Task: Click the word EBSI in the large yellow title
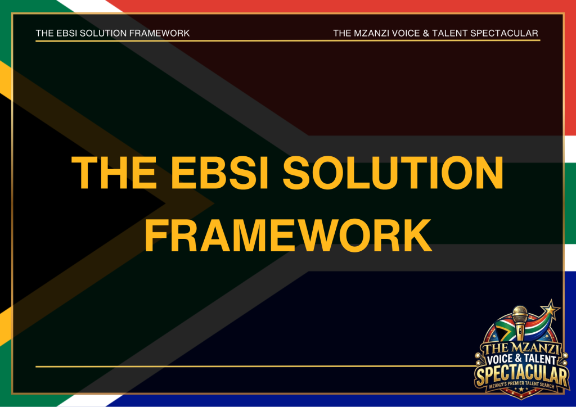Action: click(220, 172)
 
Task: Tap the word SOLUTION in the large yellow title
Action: click(393, 172)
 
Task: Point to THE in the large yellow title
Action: click(114, 172)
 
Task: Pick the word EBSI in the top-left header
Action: click(66, 33)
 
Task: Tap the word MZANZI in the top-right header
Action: click(371, 33)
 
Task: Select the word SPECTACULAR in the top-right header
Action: click(504, 33)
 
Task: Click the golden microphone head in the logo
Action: click(520, 315)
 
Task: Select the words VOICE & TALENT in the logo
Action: click(521, 359)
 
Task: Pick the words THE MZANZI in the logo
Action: click(521, 347)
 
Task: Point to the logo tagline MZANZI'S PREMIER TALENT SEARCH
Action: click(521, 385)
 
